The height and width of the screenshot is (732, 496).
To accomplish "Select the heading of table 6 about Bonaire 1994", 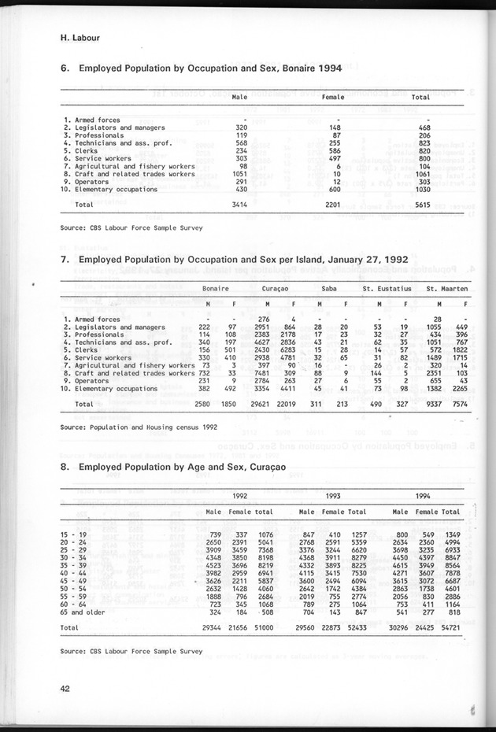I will [x=201, y=68].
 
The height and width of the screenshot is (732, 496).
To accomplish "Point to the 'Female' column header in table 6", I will [x=334, y=98].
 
